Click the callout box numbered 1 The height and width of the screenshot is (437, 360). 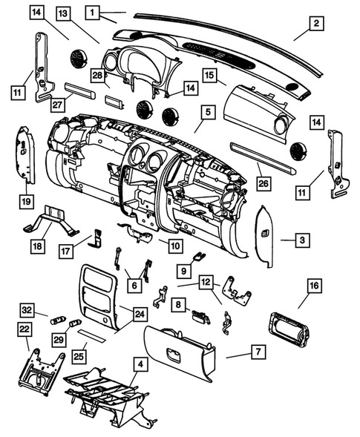pos(93,13)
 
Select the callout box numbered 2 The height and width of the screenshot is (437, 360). pos(316,24)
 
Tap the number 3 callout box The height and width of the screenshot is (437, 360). pos(303,240)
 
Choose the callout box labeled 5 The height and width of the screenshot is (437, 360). pos(207,113)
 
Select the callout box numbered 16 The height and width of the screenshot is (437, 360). pos(315,283)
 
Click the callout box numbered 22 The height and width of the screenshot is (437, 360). pos(24,329)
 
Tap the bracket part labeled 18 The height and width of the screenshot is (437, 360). pos(56,220)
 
